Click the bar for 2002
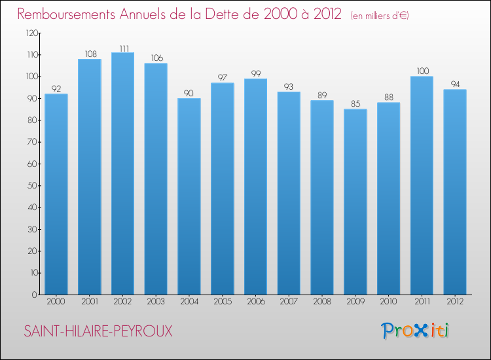click(122, 173)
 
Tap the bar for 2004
click(189, 196)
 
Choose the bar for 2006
click(255, 187)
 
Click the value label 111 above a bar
click(122, 48)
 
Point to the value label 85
click(355, 104)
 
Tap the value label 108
click(90, 54)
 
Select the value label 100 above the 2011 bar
click(422, 71)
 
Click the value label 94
click(455, 84)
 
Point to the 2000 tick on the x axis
click(56, 302)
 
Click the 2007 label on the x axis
click(289, 302)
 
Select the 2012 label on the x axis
click(455, 302)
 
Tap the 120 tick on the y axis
click(31, 33)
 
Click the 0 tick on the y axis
click(34, 295)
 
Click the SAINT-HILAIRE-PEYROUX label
click(98, 331)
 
